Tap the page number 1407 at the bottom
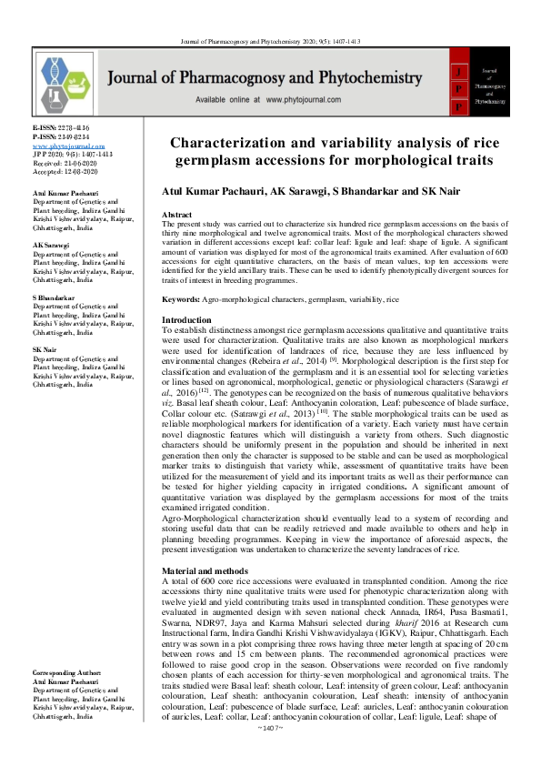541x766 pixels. pos(270,754)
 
